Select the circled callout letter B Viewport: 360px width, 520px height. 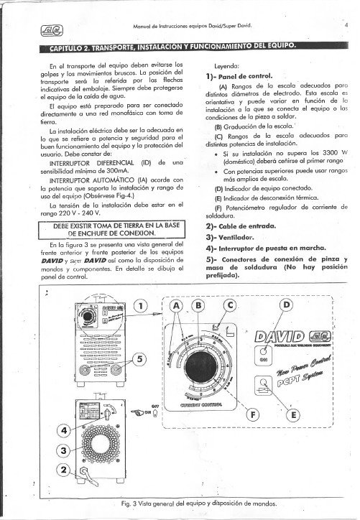point(198,305)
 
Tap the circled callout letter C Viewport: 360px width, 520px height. point(230,305)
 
